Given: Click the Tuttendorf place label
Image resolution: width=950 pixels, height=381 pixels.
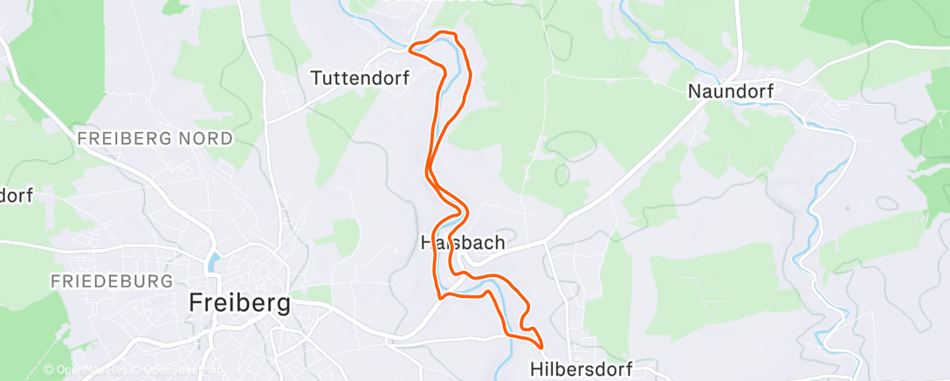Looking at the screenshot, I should point(361,78).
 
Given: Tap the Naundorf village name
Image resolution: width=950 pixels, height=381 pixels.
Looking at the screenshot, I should point(731,91).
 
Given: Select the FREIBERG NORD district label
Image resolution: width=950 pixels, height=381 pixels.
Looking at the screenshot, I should point(155,138).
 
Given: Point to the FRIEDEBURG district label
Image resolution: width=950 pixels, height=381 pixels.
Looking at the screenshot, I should point(112,281).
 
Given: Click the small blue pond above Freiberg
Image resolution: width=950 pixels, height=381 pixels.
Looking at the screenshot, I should point(213,260).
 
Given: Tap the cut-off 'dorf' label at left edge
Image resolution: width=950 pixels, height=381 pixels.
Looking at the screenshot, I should point(15,195).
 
